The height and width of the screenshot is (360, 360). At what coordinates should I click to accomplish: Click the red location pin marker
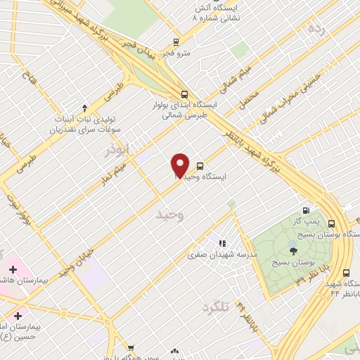[x=181, y=165]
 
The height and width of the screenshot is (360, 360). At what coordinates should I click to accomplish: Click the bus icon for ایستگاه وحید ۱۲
[x=200, y=167]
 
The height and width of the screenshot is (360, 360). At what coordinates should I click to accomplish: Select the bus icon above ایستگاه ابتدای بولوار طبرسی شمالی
[x=184, y=94]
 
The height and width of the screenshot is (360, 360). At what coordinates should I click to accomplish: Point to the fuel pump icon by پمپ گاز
[x=305, y=210]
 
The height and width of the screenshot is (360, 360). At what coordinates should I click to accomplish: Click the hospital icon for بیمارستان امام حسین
[x=18, y=316]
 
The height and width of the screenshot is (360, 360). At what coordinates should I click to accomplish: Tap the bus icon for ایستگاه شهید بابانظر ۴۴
[x=345, y=273]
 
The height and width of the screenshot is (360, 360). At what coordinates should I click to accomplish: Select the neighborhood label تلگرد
[x=216, y=307]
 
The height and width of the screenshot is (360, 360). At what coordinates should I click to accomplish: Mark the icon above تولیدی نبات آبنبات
[x=85, y=108]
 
